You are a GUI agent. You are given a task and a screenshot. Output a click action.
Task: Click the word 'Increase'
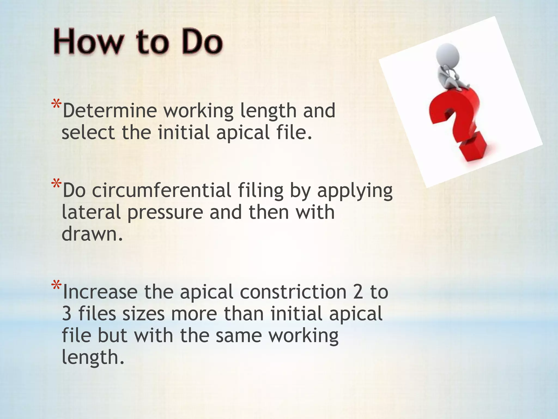[100, 292]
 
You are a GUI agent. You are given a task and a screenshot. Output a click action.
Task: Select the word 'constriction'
[293, 292]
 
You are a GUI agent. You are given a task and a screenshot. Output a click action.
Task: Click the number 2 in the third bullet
[358, 292]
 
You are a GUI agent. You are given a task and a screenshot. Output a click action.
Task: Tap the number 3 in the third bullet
[66, 314]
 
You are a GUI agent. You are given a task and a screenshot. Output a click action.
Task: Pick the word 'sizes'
[143, 314]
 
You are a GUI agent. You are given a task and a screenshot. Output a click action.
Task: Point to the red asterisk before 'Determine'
[56, 105]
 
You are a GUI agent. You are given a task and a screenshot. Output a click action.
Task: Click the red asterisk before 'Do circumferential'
[56, 184]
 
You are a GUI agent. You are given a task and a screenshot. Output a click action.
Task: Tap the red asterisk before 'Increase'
[56, 286]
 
